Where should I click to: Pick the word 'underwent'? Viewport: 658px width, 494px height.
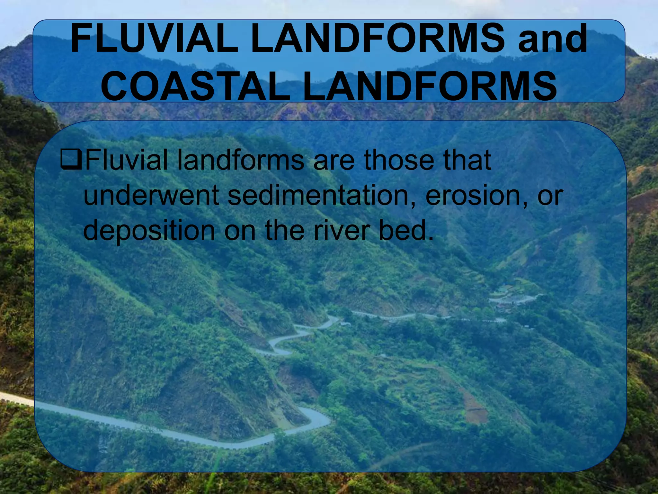[151, 196]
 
